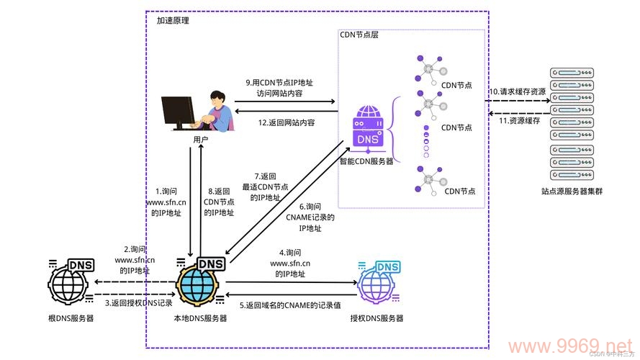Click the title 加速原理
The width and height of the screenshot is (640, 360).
point(173,21)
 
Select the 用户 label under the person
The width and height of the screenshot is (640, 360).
point(201,139)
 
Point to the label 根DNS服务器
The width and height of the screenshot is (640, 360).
point(71,318)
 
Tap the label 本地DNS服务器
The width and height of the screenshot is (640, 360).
point(200,318)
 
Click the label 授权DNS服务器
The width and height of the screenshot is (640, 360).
point(377,318)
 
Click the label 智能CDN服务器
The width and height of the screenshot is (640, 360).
point(366,161)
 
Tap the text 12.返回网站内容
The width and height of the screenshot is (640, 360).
point(287,122)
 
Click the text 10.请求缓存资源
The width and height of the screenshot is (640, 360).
point(517,92)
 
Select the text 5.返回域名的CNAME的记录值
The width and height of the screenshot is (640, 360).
point(290,305)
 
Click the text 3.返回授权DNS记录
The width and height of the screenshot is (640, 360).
point(139,303)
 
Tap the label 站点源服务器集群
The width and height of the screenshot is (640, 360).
point(572,192)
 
